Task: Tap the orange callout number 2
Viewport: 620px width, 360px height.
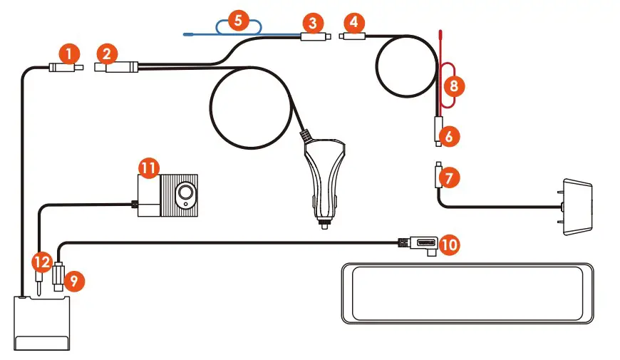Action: [x=108, y=53]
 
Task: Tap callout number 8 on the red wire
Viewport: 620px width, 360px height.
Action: [x=454, y=86]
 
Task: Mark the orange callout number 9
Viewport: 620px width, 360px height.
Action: [x=73, y=281]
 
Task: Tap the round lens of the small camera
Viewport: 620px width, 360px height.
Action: [x=187, y=193]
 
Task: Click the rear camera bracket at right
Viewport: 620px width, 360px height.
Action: [x=578, y=206]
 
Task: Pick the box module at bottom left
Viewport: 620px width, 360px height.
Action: [x=43, y=324]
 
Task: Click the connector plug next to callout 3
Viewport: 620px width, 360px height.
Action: [x=314, y=37]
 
